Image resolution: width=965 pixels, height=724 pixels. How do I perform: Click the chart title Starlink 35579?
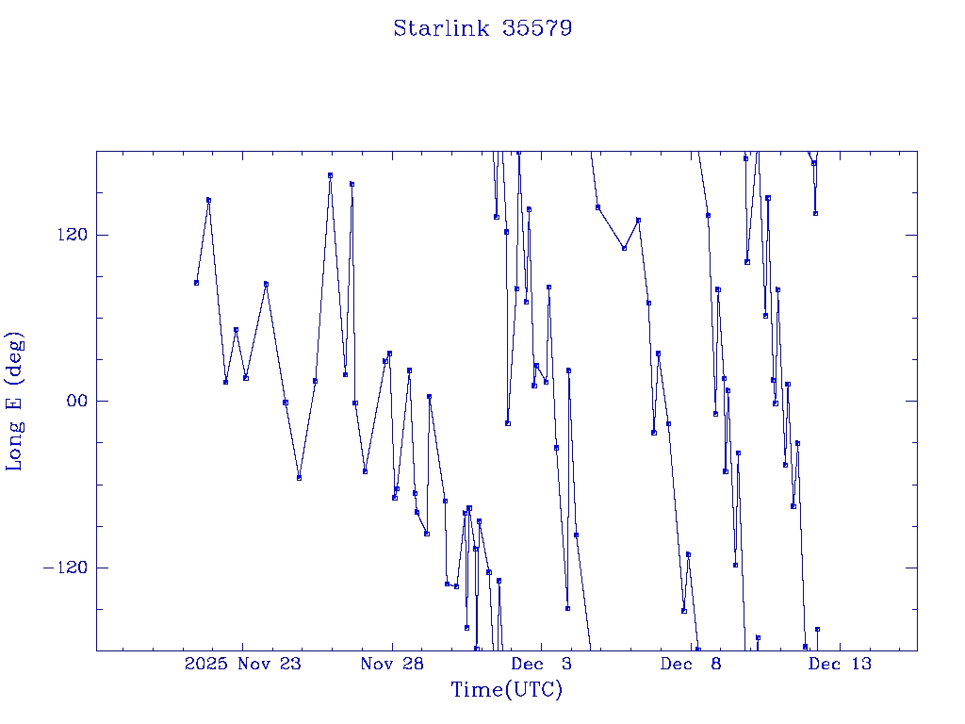(482, 28)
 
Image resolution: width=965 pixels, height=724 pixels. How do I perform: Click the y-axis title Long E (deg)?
(15, 401)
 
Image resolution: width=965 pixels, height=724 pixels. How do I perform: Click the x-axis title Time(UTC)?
(506, 690)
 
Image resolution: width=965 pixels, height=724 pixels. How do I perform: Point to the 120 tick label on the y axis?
(64, 235)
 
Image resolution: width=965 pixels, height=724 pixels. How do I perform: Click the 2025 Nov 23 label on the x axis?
(242, 664)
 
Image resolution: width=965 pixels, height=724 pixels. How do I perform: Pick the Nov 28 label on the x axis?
(391, 664)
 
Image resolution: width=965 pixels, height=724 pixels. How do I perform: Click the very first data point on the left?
(196, 283)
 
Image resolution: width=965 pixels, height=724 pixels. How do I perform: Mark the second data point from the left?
(208, 200)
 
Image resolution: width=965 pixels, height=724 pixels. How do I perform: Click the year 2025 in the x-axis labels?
(206, 664)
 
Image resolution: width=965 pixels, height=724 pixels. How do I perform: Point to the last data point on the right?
(817, 629)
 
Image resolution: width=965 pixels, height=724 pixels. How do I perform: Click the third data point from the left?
(225, 382)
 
